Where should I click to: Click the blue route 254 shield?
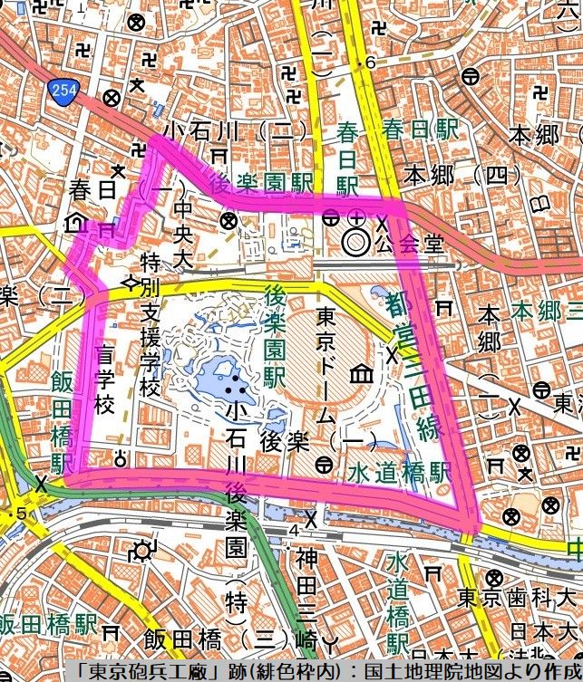pyautogui.click(x=56, y=88)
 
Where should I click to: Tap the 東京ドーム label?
pyautogui.click(x=327, y=370)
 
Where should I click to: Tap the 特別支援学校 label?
pyautogui.click(x=151, y=325)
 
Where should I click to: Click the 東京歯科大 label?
pyautogui.click(x=517, y=599)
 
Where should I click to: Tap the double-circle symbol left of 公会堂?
pyautogui.click(x=355, y=242)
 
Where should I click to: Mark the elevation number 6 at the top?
pyautogui.click(x=370, y=62)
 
